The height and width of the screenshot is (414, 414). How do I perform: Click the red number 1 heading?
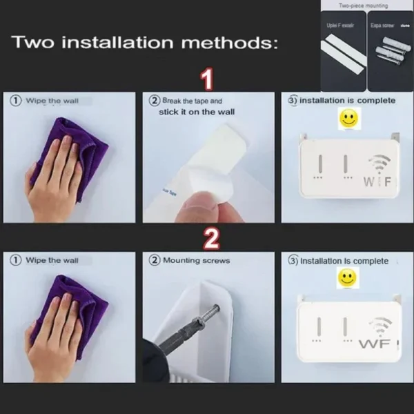click(205, 79)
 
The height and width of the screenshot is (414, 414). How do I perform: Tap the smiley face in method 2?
click(346, 278)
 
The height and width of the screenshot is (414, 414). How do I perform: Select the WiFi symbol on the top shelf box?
click(379, 166)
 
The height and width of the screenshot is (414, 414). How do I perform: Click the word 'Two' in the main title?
click(34, 43)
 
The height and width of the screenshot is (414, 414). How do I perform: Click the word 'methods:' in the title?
click(231, 43)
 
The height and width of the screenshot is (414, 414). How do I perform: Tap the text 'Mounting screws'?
click(196, 261)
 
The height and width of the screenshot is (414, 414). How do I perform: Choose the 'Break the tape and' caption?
click(192, 101)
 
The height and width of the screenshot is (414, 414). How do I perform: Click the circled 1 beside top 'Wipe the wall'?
click(15, 101)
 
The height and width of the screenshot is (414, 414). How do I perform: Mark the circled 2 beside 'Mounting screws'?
click(155, 261)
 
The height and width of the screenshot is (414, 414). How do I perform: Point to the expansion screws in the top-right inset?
click(390, 48)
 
